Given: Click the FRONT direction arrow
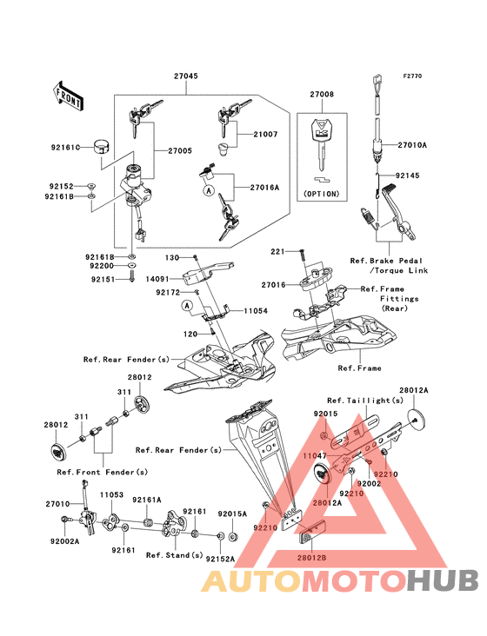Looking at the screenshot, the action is (68, 96).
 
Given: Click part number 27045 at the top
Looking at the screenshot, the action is (186, 76).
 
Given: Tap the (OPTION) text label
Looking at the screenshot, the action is (322, 194).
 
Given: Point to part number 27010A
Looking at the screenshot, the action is (412, 145).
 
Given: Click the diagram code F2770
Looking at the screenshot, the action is (412, 76).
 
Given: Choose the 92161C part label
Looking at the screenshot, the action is (66, 148).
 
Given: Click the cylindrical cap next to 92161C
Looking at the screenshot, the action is (103, 147).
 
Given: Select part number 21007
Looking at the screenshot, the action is (265, 134).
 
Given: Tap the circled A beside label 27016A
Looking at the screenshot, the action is (209, 189).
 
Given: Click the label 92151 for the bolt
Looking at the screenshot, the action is (103, 280).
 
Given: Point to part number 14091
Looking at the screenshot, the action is (157, 279).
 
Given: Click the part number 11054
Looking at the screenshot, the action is (256, 311).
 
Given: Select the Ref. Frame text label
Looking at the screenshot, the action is (359, 368).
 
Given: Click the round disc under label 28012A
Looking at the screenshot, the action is (416, 419).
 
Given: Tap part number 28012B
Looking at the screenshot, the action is (311, 558).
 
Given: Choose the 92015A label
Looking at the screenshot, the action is (232, 513).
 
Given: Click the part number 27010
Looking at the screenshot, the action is (57, 504).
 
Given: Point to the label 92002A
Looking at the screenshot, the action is (65, 541).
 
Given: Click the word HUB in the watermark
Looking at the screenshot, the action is (444, 580).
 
